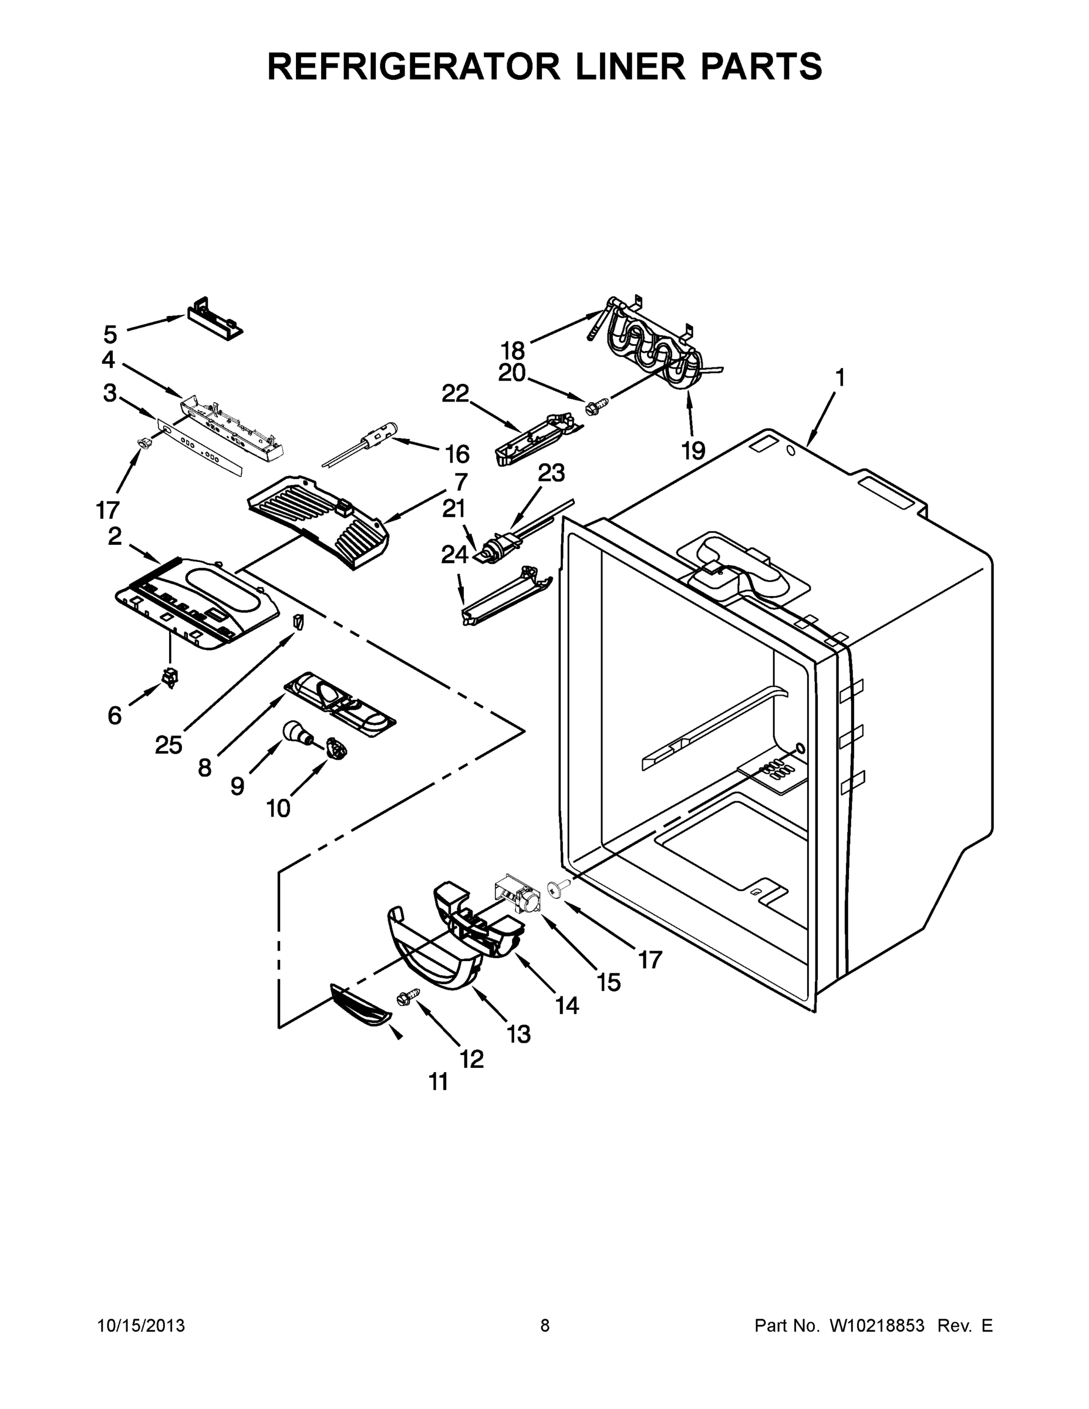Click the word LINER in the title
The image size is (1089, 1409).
tap(632, 66)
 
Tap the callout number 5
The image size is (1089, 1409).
tap(110, 335)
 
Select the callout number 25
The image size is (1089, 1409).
tap(168, 745)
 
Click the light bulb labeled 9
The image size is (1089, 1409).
tap(297, 732)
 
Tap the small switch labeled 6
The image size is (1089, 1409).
tap(170, 678)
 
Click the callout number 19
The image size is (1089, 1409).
tap(693, 451)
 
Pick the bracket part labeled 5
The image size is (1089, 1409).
tap(214, 318)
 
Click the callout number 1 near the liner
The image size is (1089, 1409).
tap(840, 377)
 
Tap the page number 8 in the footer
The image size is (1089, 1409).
tap(545, 1326)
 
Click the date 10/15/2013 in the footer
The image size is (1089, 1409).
tap(141, 1326)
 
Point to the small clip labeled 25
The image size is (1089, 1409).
tap(298, 622)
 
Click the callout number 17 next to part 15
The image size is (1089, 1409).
tap(650, 960)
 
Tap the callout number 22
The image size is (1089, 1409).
tap(455, 393)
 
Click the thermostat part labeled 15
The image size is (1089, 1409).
tap(519, 895)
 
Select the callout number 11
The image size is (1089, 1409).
tap(439, 1082)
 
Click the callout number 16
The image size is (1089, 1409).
tap(457, 454)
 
